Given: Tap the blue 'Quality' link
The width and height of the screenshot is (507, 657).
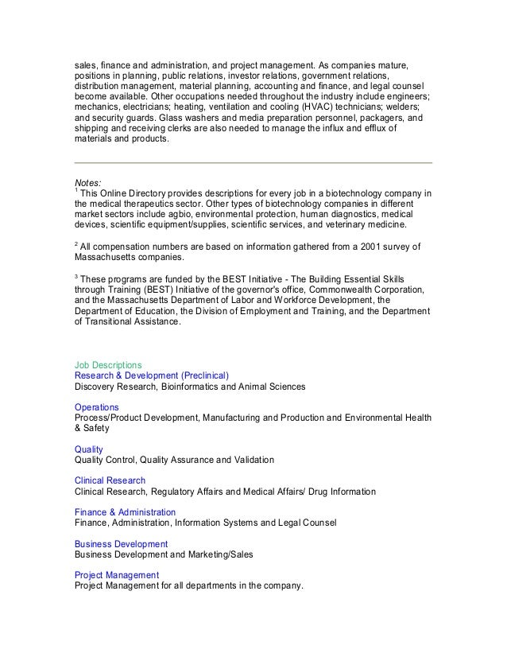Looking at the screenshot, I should coord(88,449).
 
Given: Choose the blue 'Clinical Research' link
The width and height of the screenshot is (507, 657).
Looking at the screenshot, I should coord(110,480).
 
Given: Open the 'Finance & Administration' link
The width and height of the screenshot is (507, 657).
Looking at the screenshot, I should coord(125,512).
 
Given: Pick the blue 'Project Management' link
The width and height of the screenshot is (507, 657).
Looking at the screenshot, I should coord(116,574).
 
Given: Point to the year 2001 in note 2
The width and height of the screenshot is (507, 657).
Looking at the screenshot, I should coord(353,247).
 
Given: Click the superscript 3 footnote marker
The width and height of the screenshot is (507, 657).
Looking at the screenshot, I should coord(75,278).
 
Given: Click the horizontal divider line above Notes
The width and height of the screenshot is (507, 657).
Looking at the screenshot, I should coord(253,163).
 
